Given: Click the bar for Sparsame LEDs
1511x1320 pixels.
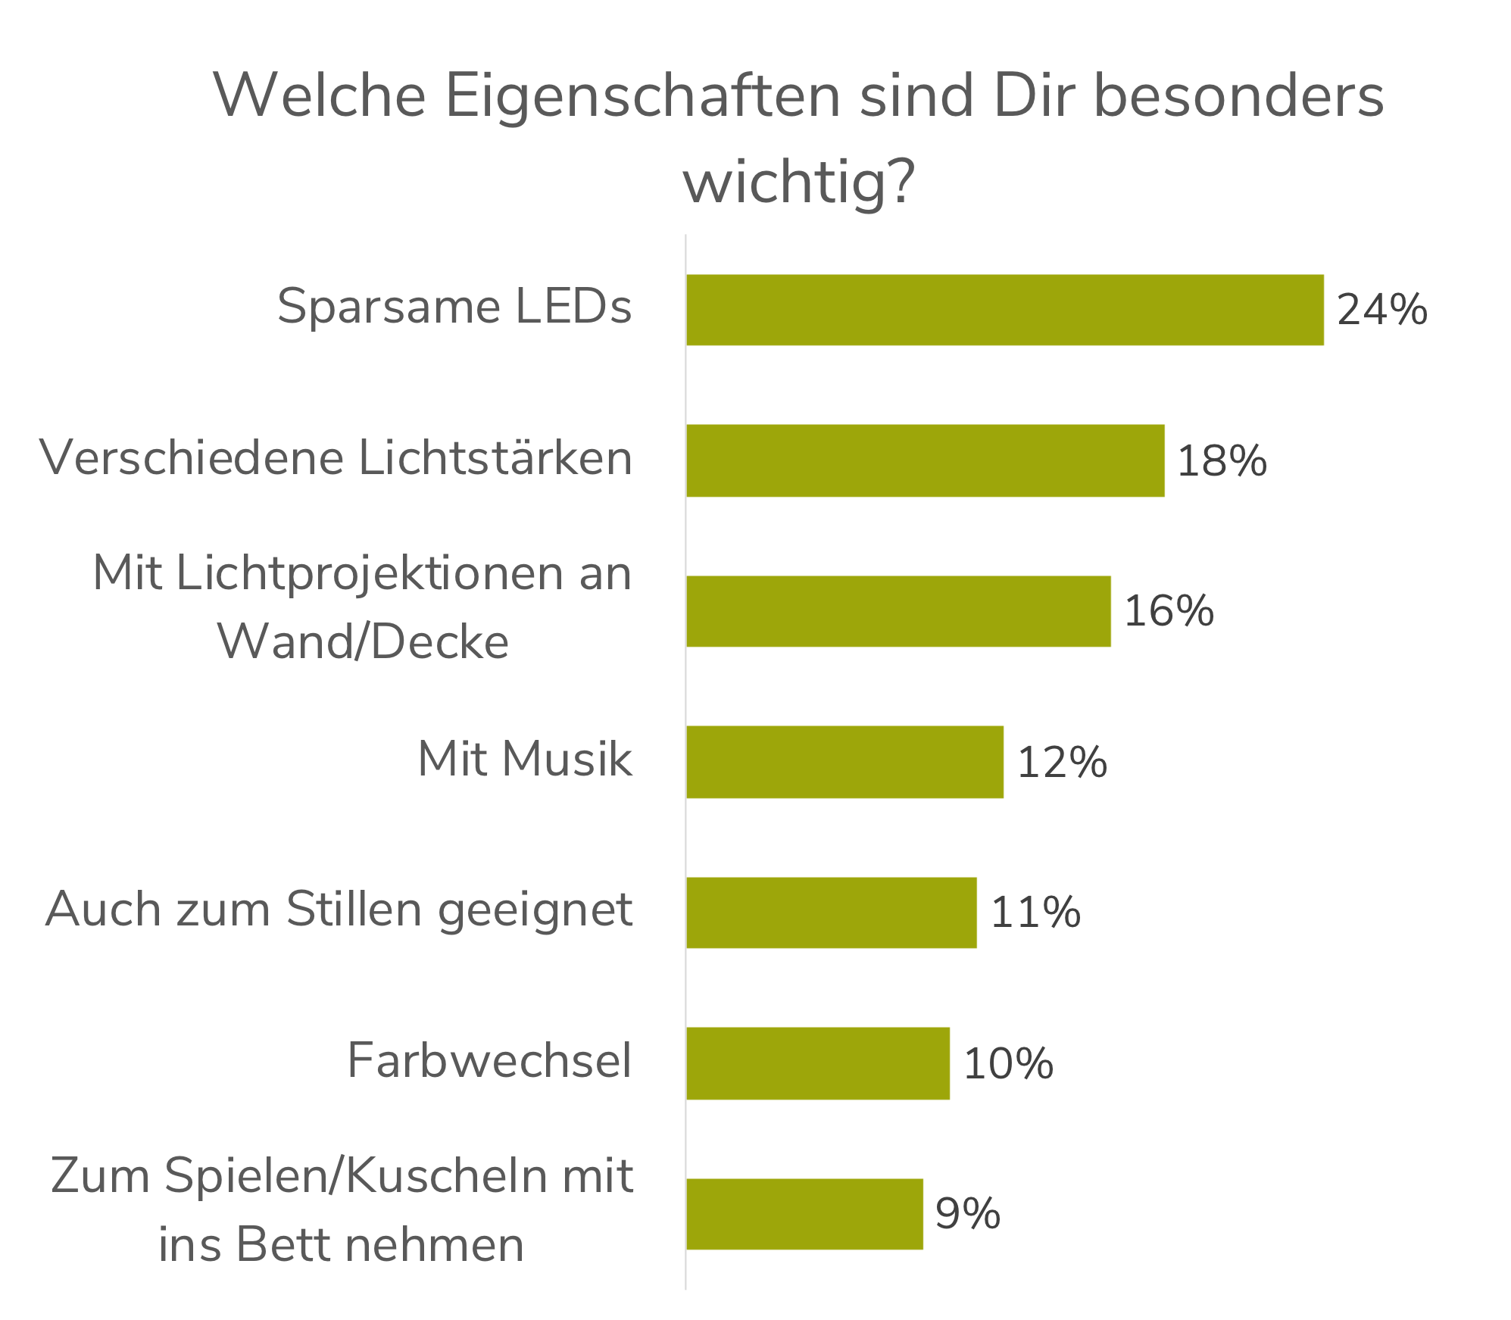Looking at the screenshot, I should click(x=1005, y=310).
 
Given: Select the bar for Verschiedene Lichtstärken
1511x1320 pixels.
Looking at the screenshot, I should click(x=926, y=460).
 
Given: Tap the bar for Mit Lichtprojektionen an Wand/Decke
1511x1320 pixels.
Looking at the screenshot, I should click(x=899, y=611).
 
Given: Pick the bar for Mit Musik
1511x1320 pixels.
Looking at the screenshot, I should click(x=845, y=762).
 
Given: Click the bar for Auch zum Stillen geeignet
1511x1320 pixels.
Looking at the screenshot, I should click(x=832, y=912).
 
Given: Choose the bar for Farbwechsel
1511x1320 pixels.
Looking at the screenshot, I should click(x=818, y=1063).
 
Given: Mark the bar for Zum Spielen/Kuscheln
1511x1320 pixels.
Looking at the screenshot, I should click(x=804, y=1214).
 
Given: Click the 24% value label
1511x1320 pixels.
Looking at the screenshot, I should click(x=1381, y=310).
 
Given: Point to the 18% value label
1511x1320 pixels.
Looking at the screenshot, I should click(x=1222, y=460).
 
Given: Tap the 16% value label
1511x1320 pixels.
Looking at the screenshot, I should click(x=1169, y=611).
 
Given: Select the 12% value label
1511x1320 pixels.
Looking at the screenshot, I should click(x=1062, y=762).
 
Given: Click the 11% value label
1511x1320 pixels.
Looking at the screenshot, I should click(x=1035, y=912).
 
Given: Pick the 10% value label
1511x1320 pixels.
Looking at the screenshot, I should click(x=1008, y=1063).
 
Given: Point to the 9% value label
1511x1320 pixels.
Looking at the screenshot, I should click(x=967, y=1213).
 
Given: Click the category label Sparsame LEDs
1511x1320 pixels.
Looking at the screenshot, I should click(x=454, y=307).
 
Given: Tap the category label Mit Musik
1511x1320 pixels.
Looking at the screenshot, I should click(x=524, y=758).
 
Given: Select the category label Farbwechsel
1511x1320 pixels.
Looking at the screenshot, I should click(x=489, y=1060).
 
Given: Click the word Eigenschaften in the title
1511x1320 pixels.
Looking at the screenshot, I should click(x=642, y=96).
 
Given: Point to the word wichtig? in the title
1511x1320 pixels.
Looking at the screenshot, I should click(x=798, y=182).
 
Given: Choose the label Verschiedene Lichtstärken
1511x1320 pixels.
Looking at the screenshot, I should click(x=336, y=458).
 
